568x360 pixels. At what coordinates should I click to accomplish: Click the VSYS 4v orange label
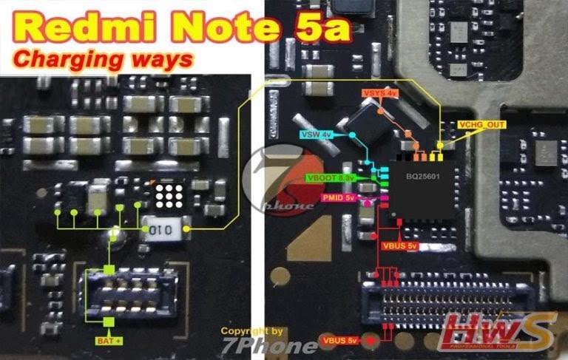[380, 94]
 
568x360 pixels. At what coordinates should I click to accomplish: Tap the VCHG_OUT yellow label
[481, 125]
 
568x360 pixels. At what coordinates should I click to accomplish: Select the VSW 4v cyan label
[315, 135]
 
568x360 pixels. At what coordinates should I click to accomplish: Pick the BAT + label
[109, 342]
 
